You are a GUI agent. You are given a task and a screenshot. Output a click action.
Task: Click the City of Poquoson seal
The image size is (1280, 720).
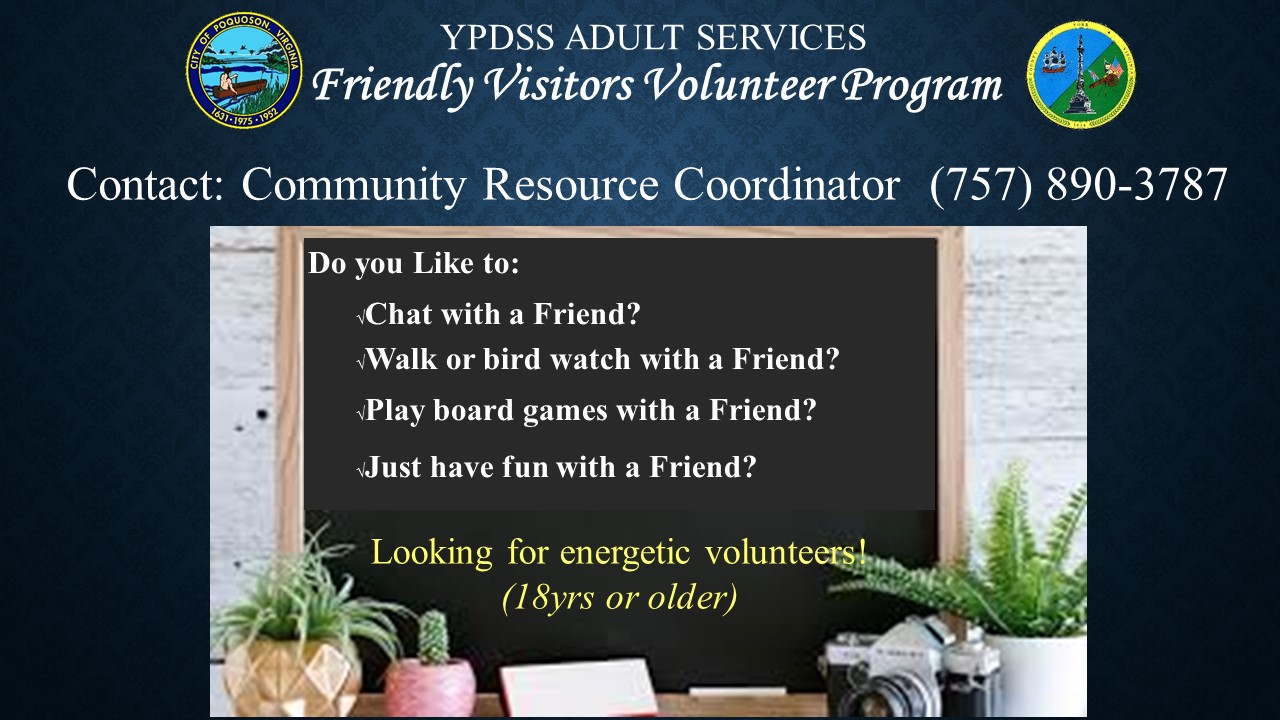click(x=244, y=70)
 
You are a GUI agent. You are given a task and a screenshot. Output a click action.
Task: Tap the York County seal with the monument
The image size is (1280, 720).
click(x=1081, y=75)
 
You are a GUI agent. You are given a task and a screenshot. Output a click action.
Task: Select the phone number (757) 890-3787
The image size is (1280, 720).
click(x=1078, y=185)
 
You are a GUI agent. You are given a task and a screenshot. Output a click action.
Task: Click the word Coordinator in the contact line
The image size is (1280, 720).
click(x=787, y=185)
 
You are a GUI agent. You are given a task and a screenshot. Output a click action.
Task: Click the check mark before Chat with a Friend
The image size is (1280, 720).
click(x=361, y=317)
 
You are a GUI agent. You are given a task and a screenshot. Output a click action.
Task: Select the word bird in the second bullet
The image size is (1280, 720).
click(x=512, y=359)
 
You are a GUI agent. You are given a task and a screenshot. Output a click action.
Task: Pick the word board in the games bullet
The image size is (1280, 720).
click(x=473, y=410)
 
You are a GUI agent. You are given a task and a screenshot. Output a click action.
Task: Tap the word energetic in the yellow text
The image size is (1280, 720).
click(x=625, y=553)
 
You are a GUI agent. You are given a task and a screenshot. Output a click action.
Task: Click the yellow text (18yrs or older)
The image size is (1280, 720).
click(x=619, y=598)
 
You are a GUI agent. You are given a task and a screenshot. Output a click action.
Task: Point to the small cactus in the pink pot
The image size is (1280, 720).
click(x=433, y=636)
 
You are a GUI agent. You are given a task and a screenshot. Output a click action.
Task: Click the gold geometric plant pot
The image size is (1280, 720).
click(x=291, y=678)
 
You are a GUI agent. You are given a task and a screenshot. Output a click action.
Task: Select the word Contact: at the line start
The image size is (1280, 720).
click(x=145, y=185)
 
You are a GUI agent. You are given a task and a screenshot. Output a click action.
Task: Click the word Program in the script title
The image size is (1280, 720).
click(x=922, y=87)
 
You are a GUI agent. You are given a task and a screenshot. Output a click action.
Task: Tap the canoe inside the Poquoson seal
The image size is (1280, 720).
click(x=239, y=89)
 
